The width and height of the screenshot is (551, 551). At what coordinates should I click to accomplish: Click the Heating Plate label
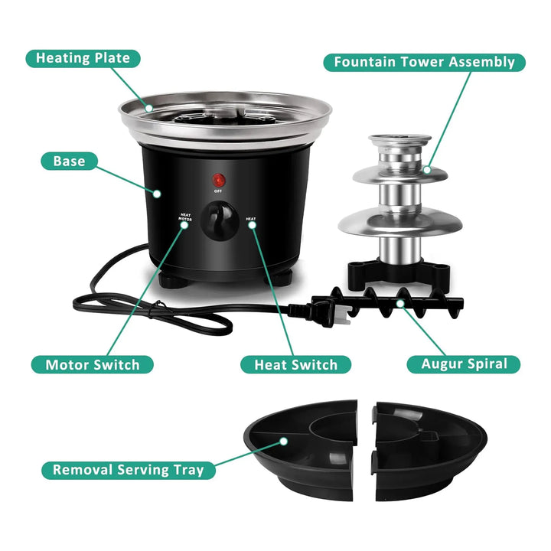[83, 58]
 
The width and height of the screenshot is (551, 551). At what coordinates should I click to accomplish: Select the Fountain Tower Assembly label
[424, 62]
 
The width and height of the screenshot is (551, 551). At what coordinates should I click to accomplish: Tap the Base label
[69, 161]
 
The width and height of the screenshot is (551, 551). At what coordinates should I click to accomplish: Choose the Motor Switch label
[93, 365]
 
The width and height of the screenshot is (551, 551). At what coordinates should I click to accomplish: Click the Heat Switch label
[295, 365]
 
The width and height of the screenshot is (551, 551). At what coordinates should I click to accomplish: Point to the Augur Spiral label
[464, 364]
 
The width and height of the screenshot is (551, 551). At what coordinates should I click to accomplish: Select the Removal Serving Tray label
[129, 470]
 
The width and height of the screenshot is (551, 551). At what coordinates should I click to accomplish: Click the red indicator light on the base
[219, 181]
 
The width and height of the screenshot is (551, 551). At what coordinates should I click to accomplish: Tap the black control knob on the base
[220, 221]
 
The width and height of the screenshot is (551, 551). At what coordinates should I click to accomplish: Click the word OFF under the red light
[218, 191]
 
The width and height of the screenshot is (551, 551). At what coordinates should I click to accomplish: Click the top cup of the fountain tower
[400, 142]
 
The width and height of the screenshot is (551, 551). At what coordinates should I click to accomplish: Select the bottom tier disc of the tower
[400, 221]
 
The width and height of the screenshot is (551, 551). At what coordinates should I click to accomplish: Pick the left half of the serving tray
[301, 450]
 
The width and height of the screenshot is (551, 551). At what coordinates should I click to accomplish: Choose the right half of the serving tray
[429, 452]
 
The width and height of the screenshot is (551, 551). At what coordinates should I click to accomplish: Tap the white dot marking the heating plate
[149, 108]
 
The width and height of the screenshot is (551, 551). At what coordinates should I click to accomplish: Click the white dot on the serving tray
[284, 442]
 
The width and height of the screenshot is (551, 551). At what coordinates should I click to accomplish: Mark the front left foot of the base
[173, 280]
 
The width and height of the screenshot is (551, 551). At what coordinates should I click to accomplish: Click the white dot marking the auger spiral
[400, 303]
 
